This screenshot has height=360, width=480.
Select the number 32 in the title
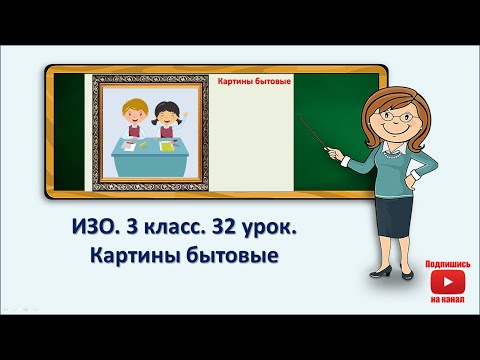pyautogui.click(x=226, y=227)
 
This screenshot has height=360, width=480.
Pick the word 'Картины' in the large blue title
pyautogui.click(x=135, y=256)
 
